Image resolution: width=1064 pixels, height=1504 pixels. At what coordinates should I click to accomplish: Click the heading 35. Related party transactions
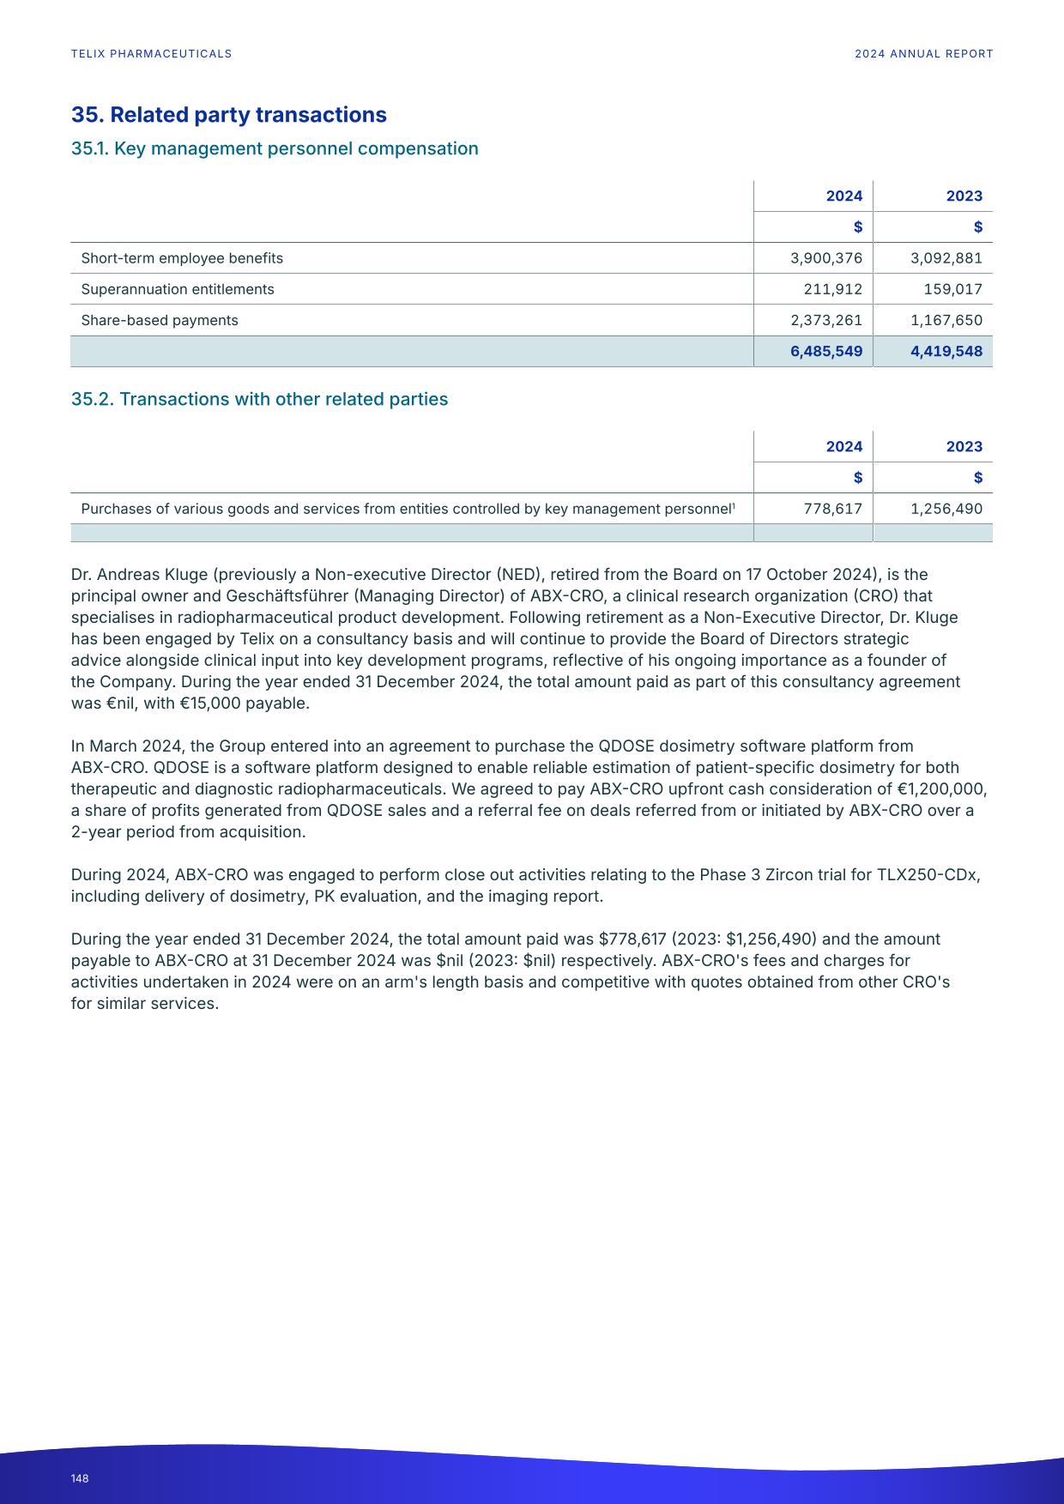click(x=228, y=115)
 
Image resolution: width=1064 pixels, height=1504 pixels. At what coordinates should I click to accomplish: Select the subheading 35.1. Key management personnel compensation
click(x=275, y=148)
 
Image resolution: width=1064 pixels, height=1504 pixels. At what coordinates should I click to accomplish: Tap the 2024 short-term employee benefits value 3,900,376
click(x=825, y=258)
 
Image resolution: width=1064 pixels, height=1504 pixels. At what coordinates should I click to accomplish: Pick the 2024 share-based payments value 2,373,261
click(x=825, y=320)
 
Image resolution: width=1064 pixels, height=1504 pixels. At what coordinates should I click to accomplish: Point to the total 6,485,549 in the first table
click(x=825, y=351)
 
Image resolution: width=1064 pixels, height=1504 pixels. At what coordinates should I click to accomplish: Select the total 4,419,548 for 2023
click(x=946, y=351)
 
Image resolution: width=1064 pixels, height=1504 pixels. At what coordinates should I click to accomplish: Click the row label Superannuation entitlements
click(x=178, y=289)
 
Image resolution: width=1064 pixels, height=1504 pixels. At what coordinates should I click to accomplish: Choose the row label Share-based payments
click(x=160, y=320)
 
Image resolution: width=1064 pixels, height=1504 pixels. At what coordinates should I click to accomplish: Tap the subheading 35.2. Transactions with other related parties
click(x=259, y=399)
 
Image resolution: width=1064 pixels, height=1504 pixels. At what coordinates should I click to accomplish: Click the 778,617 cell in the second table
click(x=832, y=509)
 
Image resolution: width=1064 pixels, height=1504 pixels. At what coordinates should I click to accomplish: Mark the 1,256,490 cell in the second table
click(x=946, y=509)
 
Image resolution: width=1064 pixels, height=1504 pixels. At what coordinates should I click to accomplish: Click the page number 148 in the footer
click(x=80, y=1478)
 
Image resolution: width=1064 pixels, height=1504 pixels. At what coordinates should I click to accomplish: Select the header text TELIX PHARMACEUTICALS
click(x=152, y=53)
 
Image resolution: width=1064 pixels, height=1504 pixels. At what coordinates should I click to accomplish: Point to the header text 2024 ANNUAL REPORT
click(x=923, y=53)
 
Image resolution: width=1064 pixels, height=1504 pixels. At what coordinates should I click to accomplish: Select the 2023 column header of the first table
click(x=964, y=196)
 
